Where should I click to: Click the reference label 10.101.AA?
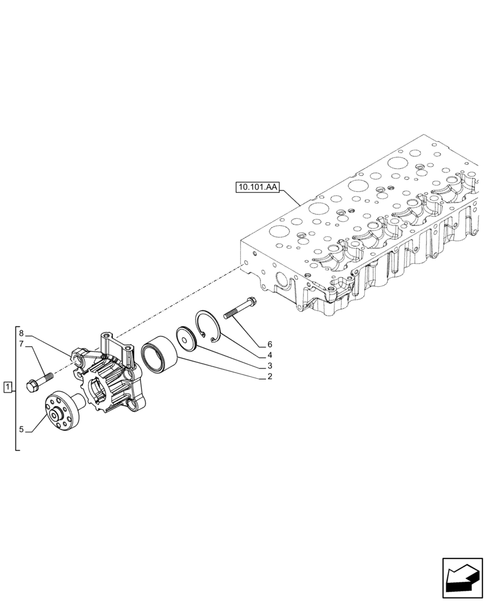click(258, 188)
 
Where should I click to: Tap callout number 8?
click(22, 333)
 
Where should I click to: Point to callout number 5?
click(22, 429)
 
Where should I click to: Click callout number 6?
click(270, 344)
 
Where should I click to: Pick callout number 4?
click(270, 355)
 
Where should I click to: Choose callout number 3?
click(270, 365)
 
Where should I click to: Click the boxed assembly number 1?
click(7, 386)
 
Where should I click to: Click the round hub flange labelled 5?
click(63, 412)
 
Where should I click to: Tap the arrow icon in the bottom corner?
click(462, 579)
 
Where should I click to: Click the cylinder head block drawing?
click(372, 234)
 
